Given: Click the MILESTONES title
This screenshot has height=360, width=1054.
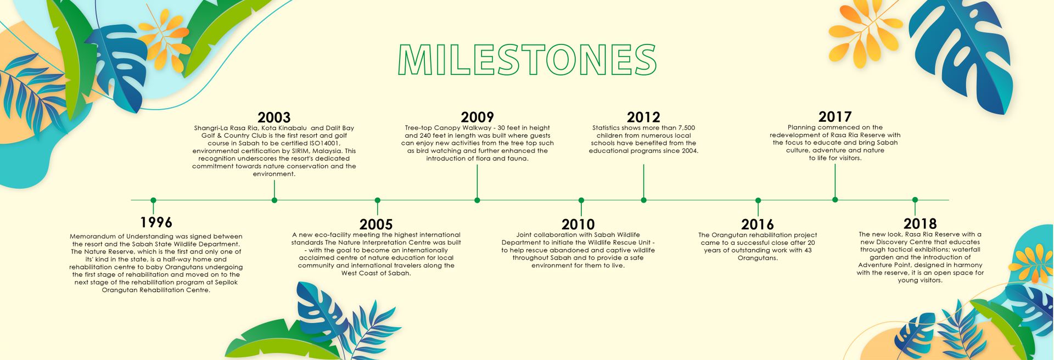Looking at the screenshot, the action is tap(527, 59).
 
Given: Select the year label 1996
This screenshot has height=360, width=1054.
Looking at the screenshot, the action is tap(156, 222).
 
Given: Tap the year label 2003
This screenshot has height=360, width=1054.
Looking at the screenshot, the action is tap(274, 117).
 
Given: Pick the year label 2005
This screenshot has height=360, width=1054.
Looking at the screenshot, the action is tap(376, 224).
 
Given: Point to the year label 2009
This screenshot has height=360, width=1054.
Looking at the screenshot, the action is tap(477, 117).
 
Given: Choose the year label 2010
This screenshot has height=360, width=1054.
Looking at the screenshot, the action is tap(578, 224).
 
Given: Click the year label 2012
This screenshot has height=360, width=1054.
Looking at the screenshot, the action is tap(643, 117).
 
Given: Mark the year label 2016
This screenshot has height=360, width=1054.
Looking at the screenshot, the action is tap(758, 224).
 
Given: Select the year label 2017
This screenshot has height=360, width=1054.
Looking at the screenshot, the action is tap(835, 117).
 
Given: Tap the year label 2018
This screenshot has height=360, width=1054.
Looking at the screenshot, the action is tap(920, 224).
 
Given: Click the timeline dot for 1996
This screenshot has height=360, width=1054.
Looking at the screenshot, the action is tap(153, 200).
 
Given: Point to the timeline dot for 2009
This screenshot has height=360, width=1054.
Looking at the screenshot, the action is tap(477, 200).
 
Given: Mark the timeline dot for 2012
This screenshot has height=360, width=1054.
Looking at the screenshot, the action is tap(643, 200).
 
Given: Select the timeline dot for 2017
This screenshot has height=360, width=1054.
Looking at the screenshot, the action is tap(835, 200).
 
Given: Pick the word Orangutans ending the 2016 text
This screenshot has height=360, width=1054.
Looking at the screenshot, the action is tap(758, 258).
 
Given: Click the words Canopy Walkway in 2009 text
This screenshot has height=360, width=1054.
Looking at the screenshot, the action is tap(463, 128).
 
